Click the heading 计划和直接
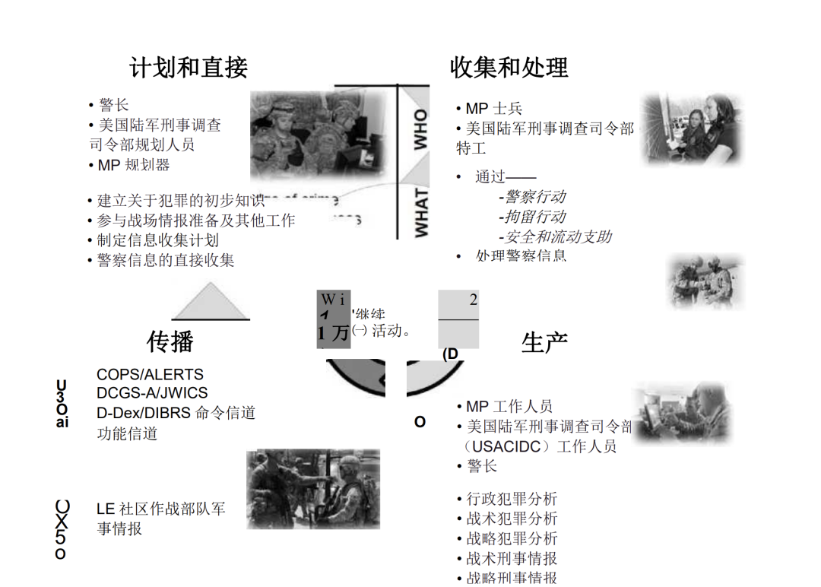click(x=189, y=68)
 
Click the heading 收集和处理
click(x=509, y=68)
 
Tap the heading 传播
click(x=170, y=341)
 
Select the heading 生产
click(x=544, y=342)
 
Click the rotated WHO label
click(x=420, y=129)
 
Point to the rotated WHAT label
click(x=420, y=212)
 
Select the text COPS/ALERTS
click(x=150, y=374)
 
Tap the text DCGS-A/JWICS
click(x=152, y=393)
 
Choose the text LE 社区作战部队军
click(x=161, y=509)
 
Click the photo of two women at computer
click(x=689, y=129)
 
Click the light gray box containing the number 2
click(x=458, y=319)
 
